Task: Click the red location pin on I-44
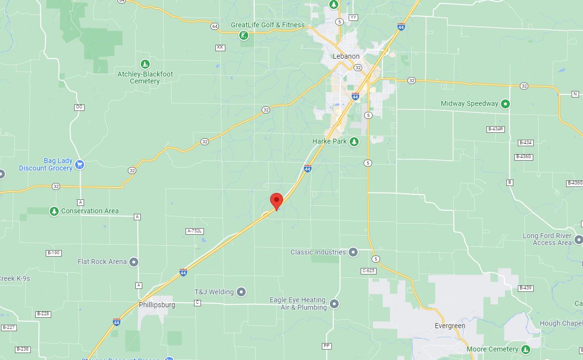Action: pyautogui.click(x=276, y=201)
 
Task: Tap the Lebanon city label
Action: pyautogui.click(x=346, y=56)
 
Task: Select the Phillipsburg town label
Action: pyautogui.click(x=157, y=305)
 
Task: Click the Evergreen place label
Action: pyautogui.click(x=450, y=326)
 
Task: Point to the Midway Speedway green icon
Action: pyautogui.click(x=505, y=104)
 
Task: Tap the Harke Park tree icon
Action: pyautogui.click(x=354, y=142)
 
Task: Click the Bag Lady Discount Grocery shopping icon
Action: pyautogui.click(x=80, y=165)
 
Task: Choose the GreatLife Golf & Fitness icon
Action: pyautogui.click(x=243, y=35)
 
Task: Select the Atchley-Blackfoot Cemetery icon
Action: pyautogui.click(x=145, y=64)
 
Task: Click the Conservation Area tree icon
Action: pyautogui.click(x=54, y=211)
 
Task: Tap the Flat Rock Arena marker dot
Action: pyautogui.click(x=134, y=262)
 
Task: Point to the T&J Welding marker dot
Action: pyautogui.click(x=241, y=292)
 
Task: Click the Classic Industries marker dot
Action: pyautogui.click(x=353, y=252)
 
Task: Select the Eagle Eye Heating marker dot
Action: pyautogui.click(x=334, y=303)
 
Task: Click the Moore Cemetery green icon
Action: pyautogui.click(x=525, y=350)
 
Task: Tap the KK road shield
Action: pyautogui.click(x=220, y=48)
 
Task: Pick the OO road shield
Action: pyautogui.click(x=79, y=107)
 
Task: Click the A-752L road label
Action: pyautogui.click(x=194, y=231)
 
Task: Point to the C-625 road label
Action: pyautogui.click(x=368, y=271)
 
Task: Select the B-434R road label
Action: pyautogui.click(x=495, y=129)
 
